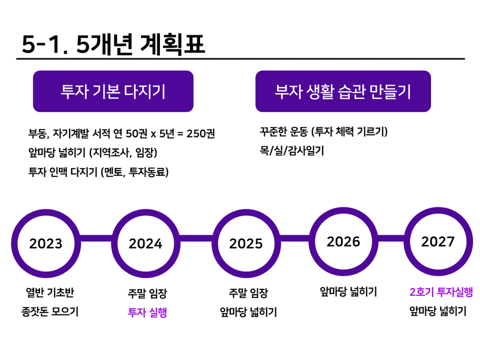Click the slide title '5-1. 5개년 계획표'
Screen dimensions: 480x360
pos(113,44)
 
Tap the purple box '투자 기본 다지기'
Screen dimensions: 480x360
pos(113,91)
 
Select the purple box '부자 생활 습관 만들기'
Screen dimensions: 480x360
pos(343,91)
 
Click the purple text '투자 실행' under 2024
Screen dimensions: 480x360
pos(147,312)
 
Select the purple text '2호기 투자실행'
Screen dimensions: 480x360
pos(441,292)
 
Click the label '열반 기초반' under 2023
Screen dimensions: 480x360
pos(50,292)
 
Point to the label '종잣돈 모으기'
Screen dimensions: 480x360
pos(50,312)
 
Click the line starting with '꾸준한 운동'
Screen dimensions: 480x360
pos(324,132)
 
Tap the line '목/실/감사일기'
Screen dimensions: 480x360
pos(292,151)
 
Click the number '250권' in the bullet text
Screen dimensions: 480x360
pos(201,134)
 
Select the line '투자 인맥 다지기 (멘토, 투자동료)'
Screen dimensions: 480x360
pos(98,172)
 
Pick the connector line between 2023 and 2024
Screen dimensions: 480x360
pos(96,238)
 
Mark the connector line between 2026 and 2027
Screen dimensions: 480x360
pos(391,238)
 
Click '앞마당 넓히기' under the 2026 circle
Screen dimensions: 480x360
pos(348,292)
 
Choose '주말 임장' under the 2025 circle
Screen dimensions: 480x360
pos(248,293)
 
